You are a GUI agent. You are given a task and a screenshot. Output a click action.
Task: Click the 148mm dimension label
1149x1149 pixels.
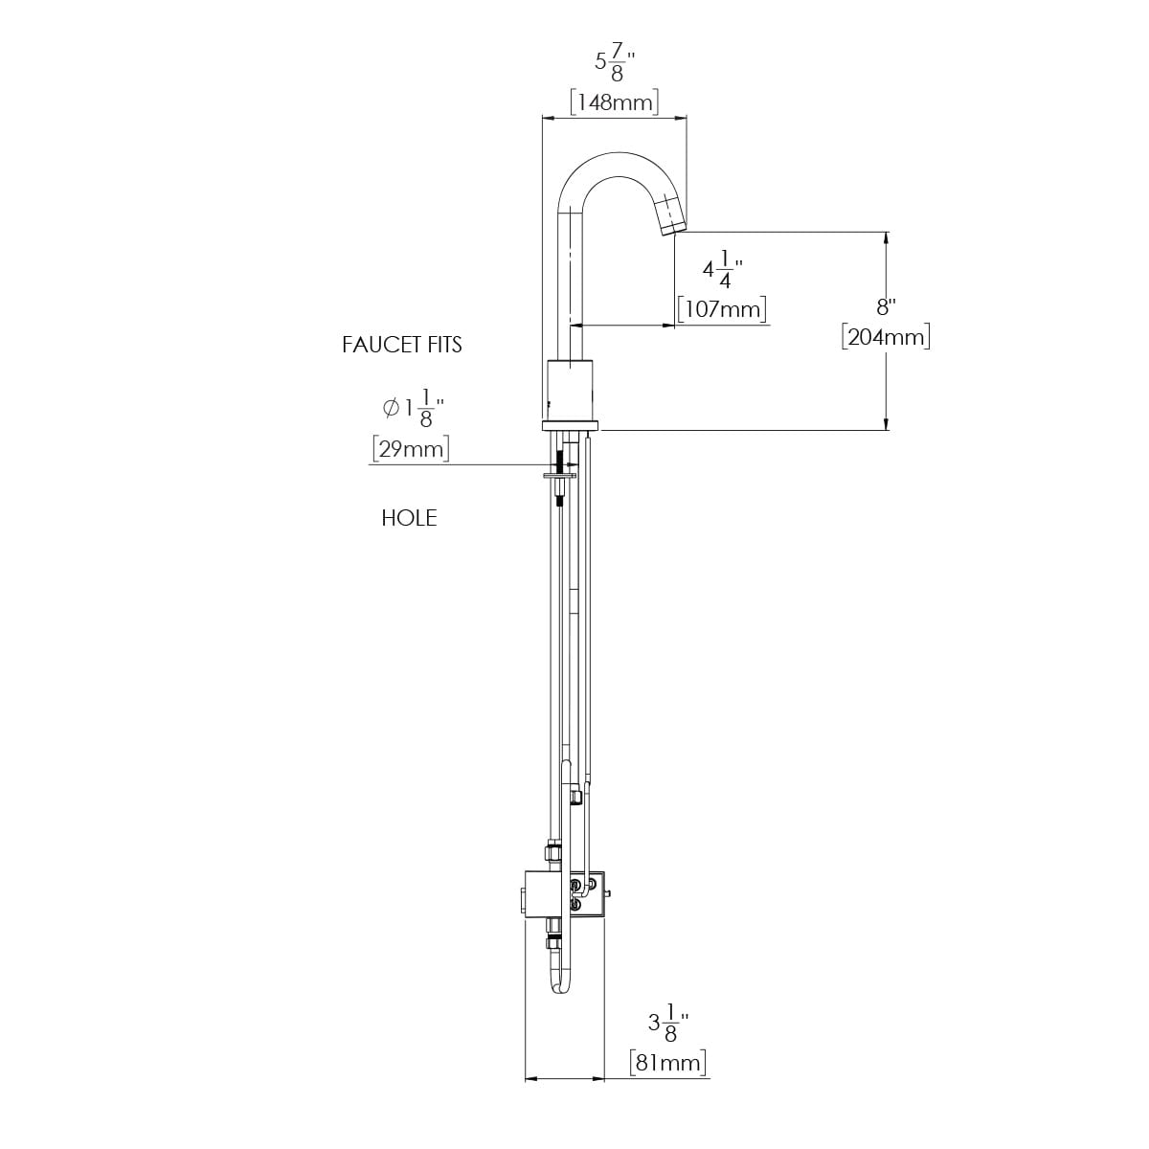click(614, 102)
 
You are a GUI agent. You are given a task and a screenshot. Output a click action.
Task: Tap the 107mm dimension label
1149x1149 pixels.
click(722, 309)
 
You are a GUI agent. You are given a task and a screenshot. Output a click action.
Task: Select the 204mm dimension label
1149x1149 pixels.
click(886, 337)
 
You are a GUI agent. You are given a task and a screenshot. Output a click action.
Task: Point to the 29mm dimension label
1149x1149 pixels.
click(411, 448)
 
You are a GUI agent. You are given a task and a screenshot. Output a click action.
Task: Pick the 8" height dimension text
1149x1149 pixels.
click(886, 307)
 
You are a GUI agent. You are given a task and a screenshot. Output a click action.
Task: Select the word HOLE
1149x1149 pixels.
click(409, 518)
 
